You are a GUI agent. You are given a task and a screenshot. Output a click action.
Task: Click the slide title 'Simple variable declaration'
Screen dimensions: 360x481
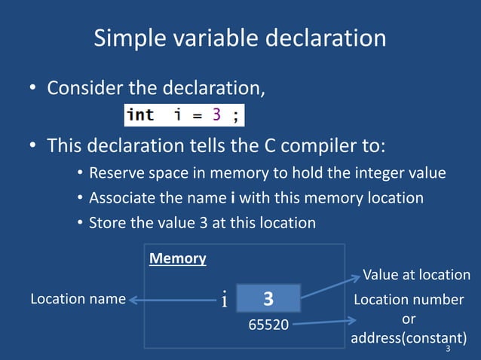click(x=240, y=38)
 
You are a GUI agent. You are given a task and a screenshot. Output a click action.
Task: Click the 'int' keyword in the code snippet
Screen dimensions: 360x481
click(x=140, y=115)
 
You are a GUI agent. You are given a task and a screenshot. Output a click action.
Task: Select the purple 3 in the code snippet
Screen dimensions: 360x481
click(x=216, y=115)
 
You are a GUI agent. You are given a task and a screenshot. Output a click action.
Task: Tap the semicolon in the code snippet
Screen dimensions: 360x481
click(x=236, y=115)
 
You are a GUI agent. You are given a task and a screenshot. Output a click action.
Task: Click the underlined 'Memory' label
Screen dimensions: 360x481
click(x=178, y=258)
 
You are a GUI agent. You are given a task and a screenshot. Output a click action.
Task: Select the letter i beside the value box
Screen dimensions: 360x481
click(x=225, y=301)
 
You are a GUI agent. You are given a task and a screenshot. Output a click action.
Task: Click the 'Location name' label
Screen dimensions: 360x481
click(x=78, y=299)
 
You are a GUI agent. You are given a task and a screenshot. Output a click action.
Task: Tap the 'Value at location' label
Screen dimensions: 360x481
click(x=416, y=275)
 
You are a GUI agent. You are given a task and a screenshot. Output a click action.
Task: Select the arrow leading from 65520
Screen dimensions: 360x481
click(x=320, y=324)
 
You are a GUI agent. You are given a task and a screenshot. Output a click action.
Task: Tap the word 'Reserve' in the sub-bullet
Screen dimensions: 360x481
click(x=115, y=173)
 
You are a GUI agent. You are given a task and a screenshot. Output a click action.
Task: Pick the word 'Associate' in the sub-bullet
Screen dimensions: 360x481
click(x=121, y=198)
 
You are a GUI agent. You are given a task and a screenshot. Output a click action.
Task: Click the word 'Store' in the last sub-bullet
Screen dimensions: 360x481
click(x=106, y=223)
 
